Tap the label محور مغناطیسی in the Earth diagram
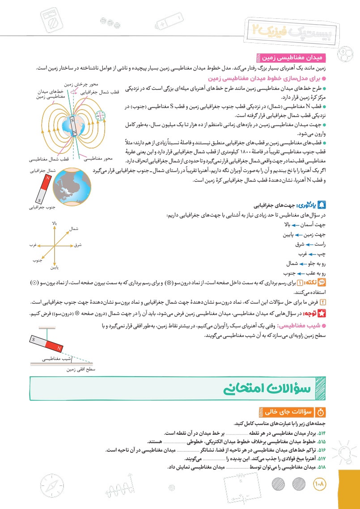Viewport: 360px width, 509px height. (98, 158)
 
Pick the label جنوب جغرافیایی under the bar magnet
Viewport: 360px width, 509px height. (38, 208)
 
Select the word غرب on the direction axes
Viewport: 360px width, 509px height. (32, 245)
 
